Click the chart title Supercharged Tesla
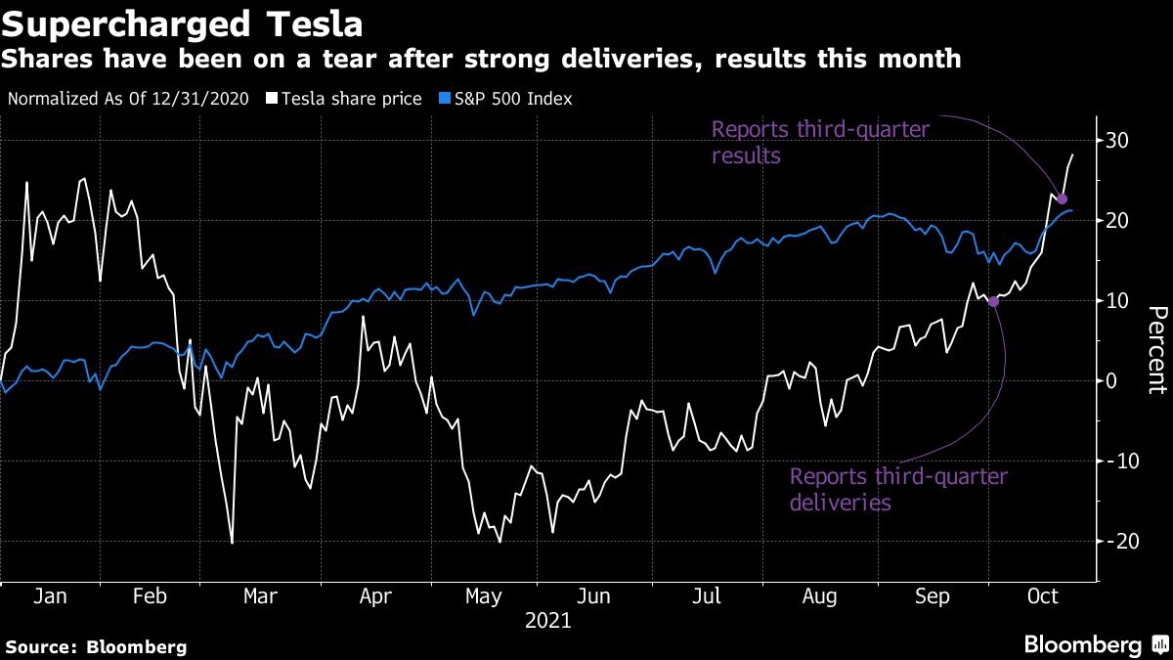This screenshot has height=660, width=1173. pos(182,23)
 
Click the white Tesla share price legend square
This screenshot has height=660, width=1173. pos(272,99)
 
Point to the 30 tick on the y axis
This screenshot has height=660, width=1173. pos(1118,141)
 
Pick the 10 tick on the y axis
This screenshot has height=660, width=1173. pos(1118,300)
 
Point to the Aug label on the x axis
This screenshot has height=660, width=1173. pos(818,595)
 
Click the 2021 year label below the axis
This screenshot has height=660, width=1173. pos(547,621)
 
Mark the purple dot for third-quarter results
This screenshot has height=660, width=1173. pos(1063,198)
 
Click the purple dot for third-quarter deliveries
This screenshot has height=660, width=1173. pos(994,301)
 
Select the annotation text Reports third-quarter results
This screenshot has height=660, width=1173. pos(819,142)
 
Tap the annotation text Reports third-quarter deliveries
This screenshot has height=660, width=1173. pos(897,490)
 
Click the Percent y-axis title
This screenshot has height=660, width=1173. pos(1156,350)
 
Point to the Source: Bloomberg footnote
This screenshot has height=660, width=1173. pos(96,646)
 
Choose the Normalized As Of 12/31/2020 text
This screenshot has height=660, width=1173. pos(128,99)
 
